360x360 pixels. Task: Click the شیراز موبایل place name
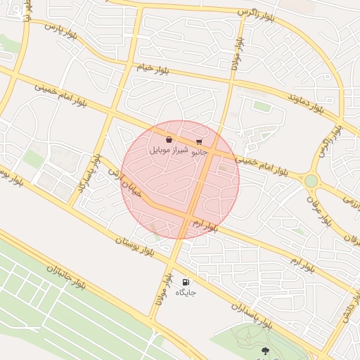169,150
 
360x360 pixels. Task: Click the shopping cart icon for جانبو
200,141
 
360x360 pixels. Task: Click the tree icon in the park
264,349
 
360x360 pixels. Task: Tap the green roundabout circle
311,181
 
